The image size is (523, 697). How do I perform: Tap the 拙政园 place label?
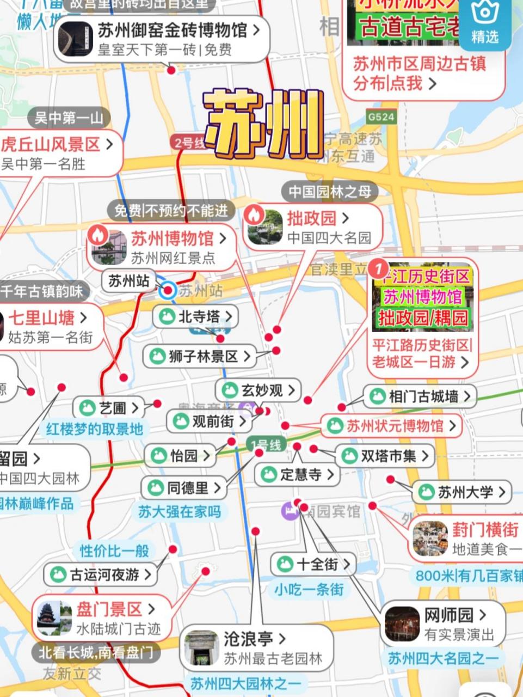[x=312, y=218]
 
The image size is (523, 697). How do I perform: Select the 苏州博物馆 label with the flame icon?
[x=172, y=239]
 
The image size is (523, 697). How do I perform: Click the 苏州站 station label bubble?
[x=128, y=281]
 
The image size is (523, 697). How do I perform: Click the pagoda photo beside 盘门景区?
[x=54, y=618]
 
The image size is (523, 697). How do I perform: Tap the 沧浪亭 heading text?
[x=248, y=638]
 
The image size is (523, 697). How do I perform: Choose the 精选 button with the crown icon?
[x=484, y=22]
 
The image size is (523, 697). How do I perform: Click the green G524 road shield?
[x=380, y=117]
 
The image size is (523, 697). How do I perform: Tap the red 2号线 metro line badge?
[x=188, y=143]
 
